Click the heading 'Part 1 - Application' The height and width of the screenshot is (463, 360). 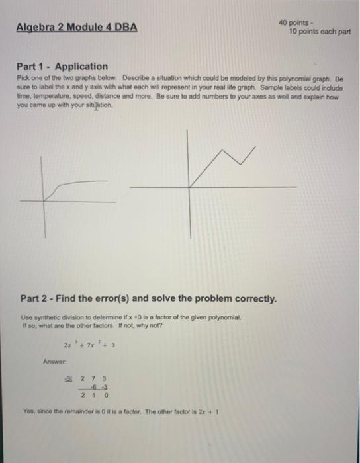62,66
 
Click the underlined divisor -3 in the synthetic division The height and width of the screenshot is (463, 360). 66,379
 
